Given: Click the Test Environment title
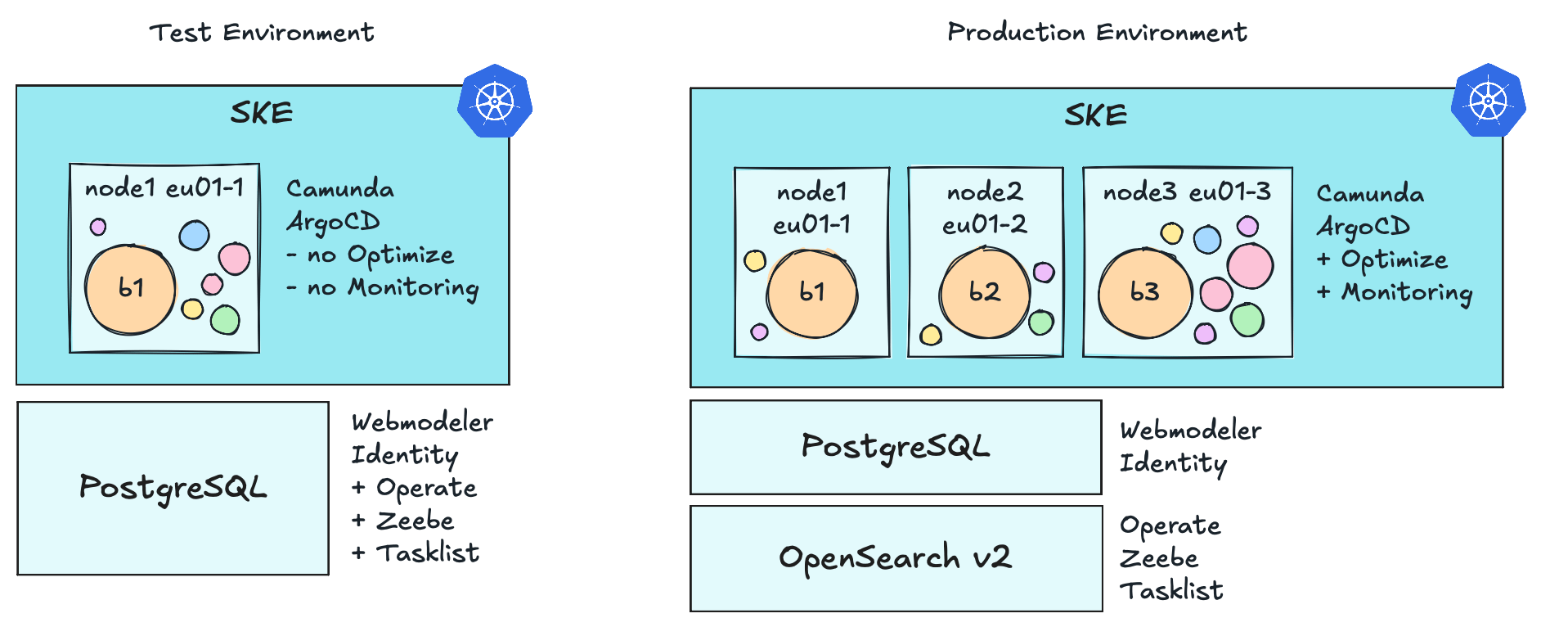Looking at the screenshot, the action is click(262, 33).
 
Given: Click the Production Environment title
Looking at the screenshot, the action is click(1097, 33).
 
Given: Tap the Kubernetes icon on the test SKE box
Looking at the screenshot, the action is click(495, 101).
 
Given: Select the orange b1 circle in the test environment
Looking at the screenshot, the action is click(131, 289).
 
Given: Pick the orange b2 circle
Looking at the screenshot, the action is click(984, 293).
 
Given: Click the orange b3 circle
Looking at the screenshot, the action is click(1144, 293).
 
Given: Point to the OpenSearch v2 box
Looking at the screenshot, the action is click(896, 558).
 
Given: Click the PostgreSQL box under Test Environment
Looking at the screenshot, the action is click(173, 488).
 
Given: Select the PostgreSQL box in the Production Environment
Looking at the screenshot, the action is click(896, 447).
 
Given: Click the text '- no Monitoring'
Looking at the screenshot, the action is click(383, 288).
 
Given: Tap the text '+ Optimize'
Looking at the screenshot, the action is click(1382, 259).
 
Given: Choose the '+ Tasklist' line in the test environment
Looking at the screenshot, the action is click(416, 553).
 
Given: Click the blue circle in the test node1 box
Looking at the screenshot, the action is click(195, 236).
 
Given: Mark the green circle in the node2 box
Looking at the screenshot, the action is click(1041, 323).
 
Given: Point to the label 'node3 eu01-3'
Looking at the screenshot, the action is click(1187, 192).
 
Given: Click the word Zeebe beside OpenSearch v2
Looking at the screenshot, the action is click(1159, 558).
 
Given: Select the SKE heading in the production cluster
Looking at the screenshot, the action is click(1096, 115).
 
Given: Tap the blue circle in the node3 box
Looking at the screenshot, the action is click(1207, 240).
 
